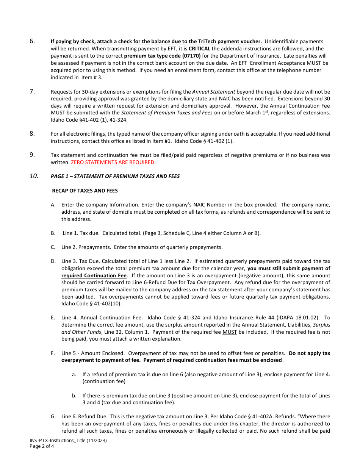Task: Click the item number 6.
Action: (32, 41)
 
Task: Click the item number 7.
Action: (32, 91)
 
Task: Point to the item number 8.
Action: (32, 133)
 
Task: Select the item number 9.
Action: (32, 155)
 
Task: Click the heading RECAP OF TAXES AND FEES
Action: (85, 191)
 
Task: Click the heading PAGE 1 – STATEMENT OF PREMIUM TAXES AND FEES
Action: (115, 176)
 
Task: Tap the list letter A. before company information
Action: (53, 205)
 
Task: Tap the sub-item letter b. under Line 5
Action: (74, 396)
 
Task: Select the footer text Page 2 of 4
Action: (42, 446)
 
